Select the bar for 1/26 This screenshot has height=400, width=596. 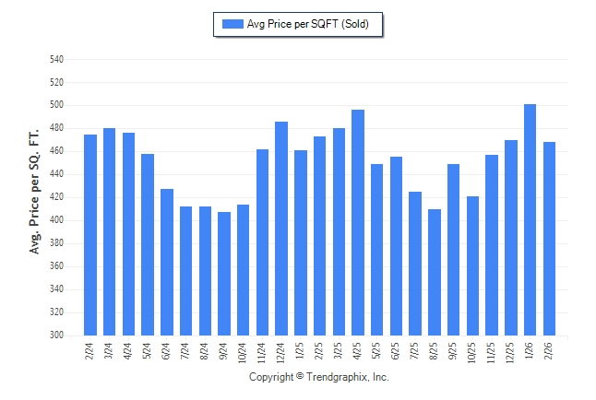pos(530,220)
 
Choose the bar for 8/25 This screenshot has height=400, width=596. pos(435,273)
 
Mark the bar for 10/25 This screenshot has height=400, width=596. pos(472,266)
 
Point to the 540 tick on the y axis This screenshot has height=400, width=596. pos(57,60)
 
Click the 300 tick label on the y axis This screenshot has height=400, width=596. pos(57,335)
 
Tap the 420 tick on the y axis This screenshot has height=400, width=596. pos(57,197)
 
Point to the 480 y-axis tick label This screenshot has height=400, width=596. pos(57,128)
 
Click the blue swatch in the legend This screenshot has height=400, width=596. pos(232,25)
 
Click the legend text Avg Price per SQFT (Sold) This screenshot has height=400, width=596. pos(308,25)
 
